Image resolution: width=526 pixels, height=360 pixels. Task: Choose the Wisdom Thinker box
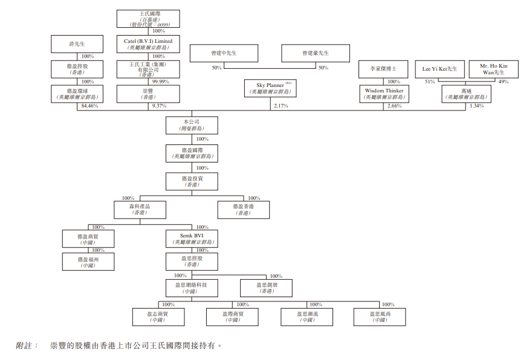pos(384,93)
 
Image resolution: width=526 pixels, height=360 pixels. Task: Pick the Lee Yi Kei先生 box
pos(440,69)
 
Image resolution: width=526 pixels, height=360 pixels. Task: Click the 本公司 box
pos(192,125)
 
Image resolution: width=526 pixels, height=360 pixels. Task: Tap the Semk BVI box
pos(192,238)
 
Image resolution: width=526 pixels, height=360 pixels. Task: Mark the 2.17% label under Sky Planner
pos(281,106)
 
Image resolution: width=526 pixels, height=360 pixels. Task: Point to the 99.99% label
pos(160,82)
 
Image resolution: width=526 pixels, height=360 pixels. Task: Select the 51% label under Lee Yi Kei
pos(429,82)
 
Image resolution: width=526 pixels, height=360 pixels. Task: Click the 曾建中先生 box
pos(224,53)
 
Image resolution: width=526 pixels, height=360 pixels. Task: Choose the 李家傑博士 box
pos(384,69)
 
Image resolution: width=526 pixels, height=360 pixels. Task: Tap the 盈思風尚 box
pos(380,317)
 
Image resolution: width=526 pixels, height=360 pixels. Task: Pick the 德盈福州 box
pos(88,262)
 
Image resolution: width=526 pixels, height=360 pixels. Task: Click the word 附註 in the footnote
pos(25,346)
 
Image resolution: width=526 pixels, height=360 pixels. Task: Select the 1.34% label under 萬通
pos(477,106)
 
